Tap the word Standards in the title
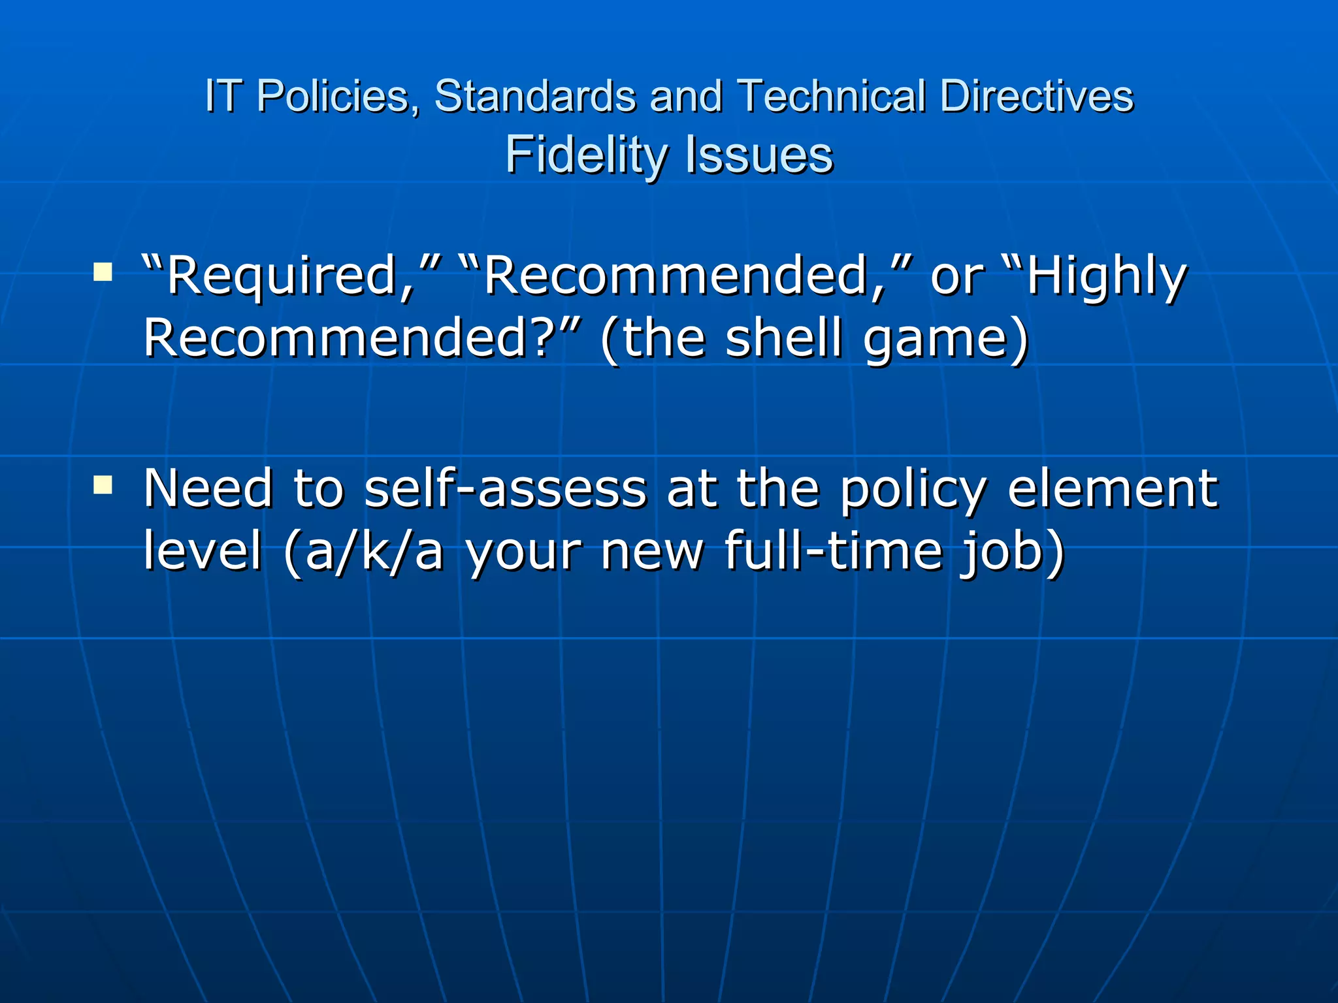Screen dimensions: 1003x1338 [x=535, y=97]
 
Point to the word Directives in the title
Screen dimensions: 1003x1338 [x=1036, y=97]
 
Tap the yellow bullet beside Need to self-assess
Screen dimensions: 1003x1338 [x=103, y=484]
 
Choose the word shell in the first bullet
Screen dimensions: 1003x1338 [x=784, y=338]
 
